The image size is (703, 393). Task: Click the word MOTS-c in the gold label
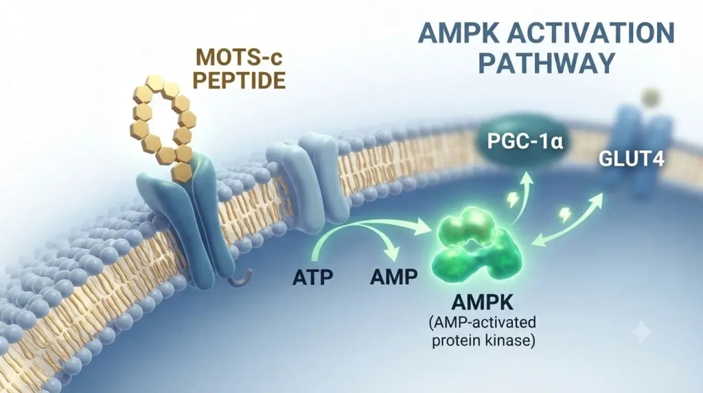tap(241, 57)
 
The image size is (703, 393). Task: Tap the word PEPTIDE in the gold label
tap(239, 80)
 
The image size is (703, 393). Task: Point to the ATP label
tap(313, 277)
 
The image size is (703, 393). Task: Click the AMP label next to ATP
tap(393, 276)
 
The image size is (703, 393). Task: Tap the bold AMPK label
tap(483, 302)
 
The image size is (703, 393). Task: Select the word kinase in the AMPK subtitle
tap(510, 341)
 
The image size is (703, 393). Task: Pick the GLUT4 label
tap(632, 159)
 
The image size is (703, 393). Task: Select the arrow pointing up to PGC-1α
tap(522, 196)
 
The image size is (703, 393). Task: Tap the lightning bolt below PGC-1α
tap(511, 201)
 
